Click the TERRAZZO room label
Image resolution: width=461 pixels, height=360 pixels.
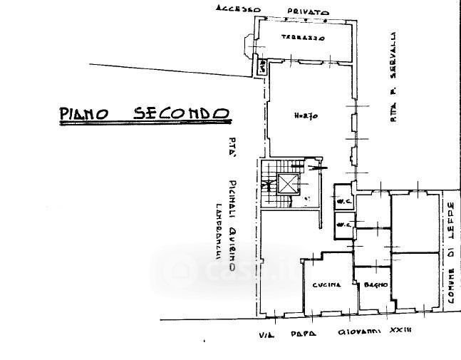click(x=302, y=37)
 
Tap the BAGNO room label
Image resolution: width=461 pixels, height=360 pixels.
click(x=374, y=285)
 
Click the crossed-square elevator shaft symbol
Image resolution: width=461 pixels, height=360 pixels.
click(x=287, y=185)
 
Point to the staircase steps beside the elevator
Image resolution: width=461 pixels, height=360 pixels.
click(x=268, y=185)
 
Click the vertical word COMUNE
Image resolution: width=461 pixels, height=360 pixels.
click(x=450, y=283)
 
